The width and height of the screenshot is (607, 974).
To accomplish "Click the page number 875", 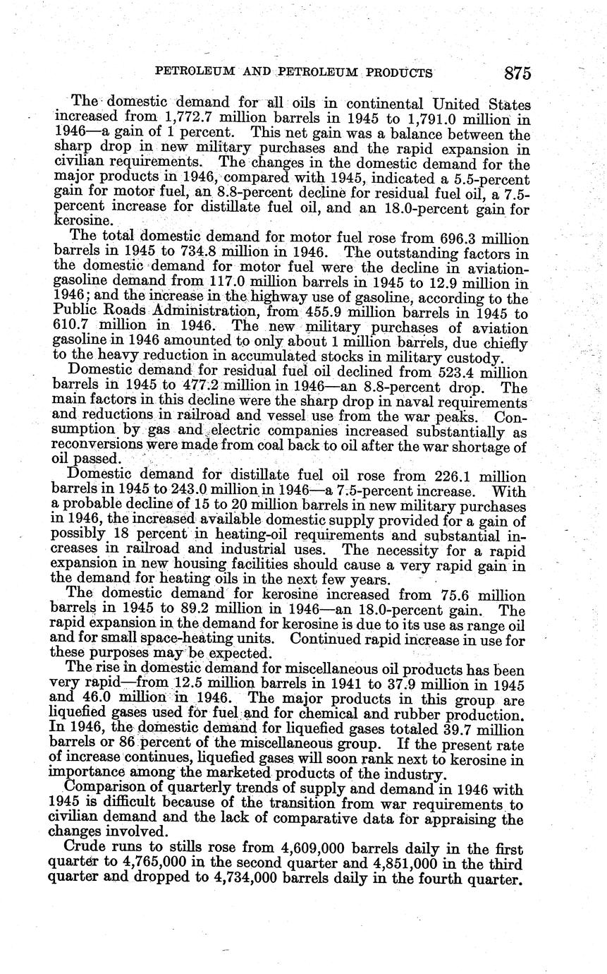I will (517, 73).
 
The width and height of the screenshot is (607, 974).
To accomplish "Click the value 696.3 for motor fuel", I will (469, 239).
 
